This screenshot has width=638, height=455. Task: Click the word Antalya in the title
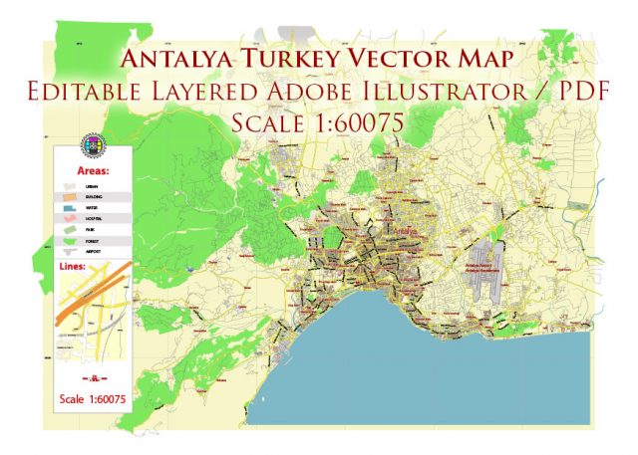click(x=179, y=58)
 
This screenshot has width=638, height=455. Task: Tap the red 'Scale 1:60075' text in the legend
click(x=92, y=400)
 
